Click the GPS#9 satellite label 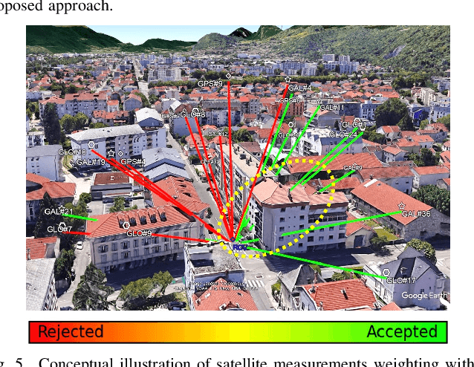210,84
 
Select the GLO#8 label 193,114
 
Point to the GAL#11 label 331,108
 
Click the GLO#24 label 343,134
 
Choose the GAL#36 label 415,214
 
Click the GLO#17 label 400,280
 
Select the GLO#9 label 139,233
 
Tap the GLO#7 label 59,229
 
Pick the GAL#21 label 59,212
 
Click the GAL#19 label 91,161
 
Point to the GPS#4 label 133,161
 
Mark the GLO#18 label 72,152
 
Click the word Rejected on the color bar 71,331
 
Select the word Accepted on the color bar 402,331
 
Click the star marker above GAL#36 401,206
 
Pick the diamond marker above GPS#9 228,76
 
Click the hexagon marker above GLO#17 386,272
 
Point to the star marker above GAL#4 288,79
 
